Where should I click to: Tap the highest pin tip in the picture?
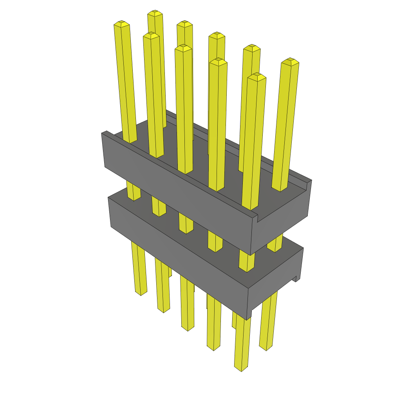pyautogui.click(x=155, y=13)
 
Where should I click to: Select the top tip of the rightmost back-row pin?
pyautogui.click(x=290, y=61)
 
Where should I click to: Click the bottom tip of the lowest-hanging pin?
pyautogui.click(x=241, y=368)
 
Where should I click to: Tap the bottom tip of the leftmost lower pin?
pyautogui.click(x=141, y=293)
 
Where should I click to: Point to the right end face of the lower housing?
pyautogui.click(x=274, y=286)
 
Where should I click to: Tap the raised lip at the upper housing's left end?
pyautogui.click(x=105, y=133)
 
